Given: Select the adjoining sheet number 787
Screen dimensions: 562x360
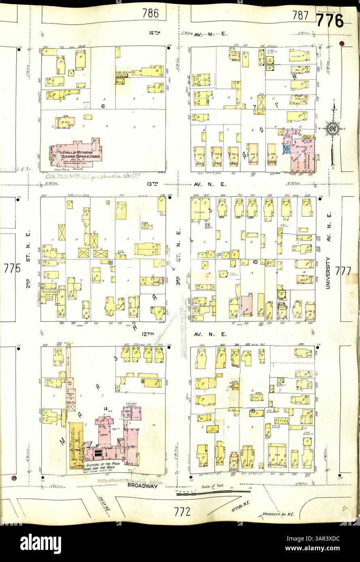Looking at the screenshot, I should [x=300, y=15].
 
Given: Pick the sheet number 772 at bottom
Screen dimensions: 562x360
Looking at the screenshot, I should [x=182, y=512].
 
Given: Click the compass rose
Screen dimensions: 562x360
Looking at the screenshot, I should [x=333, y=129].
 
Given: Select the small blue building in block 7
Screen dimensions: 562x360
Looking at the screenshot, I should [x=286, y=150].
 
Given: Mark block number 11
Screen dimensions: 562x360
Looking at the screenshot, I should [x=110, y=263].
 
